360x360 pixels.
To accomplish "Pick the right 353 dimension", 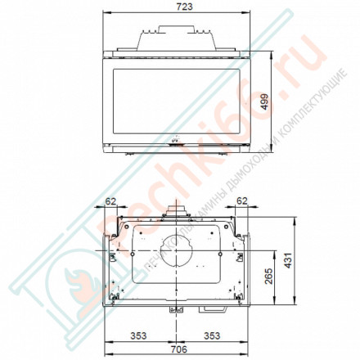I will pyautogui.click(x=212, y=335).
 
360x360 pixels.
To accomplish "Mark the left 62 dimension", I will pyautogui.click(x=111, y=199).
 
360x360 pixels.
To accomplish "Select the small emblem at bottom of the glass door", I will pyautogui.click(x=173, y=139).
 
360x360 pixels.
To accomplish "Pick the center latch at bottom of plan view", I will pyautogui.click(x=173, y=310).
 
